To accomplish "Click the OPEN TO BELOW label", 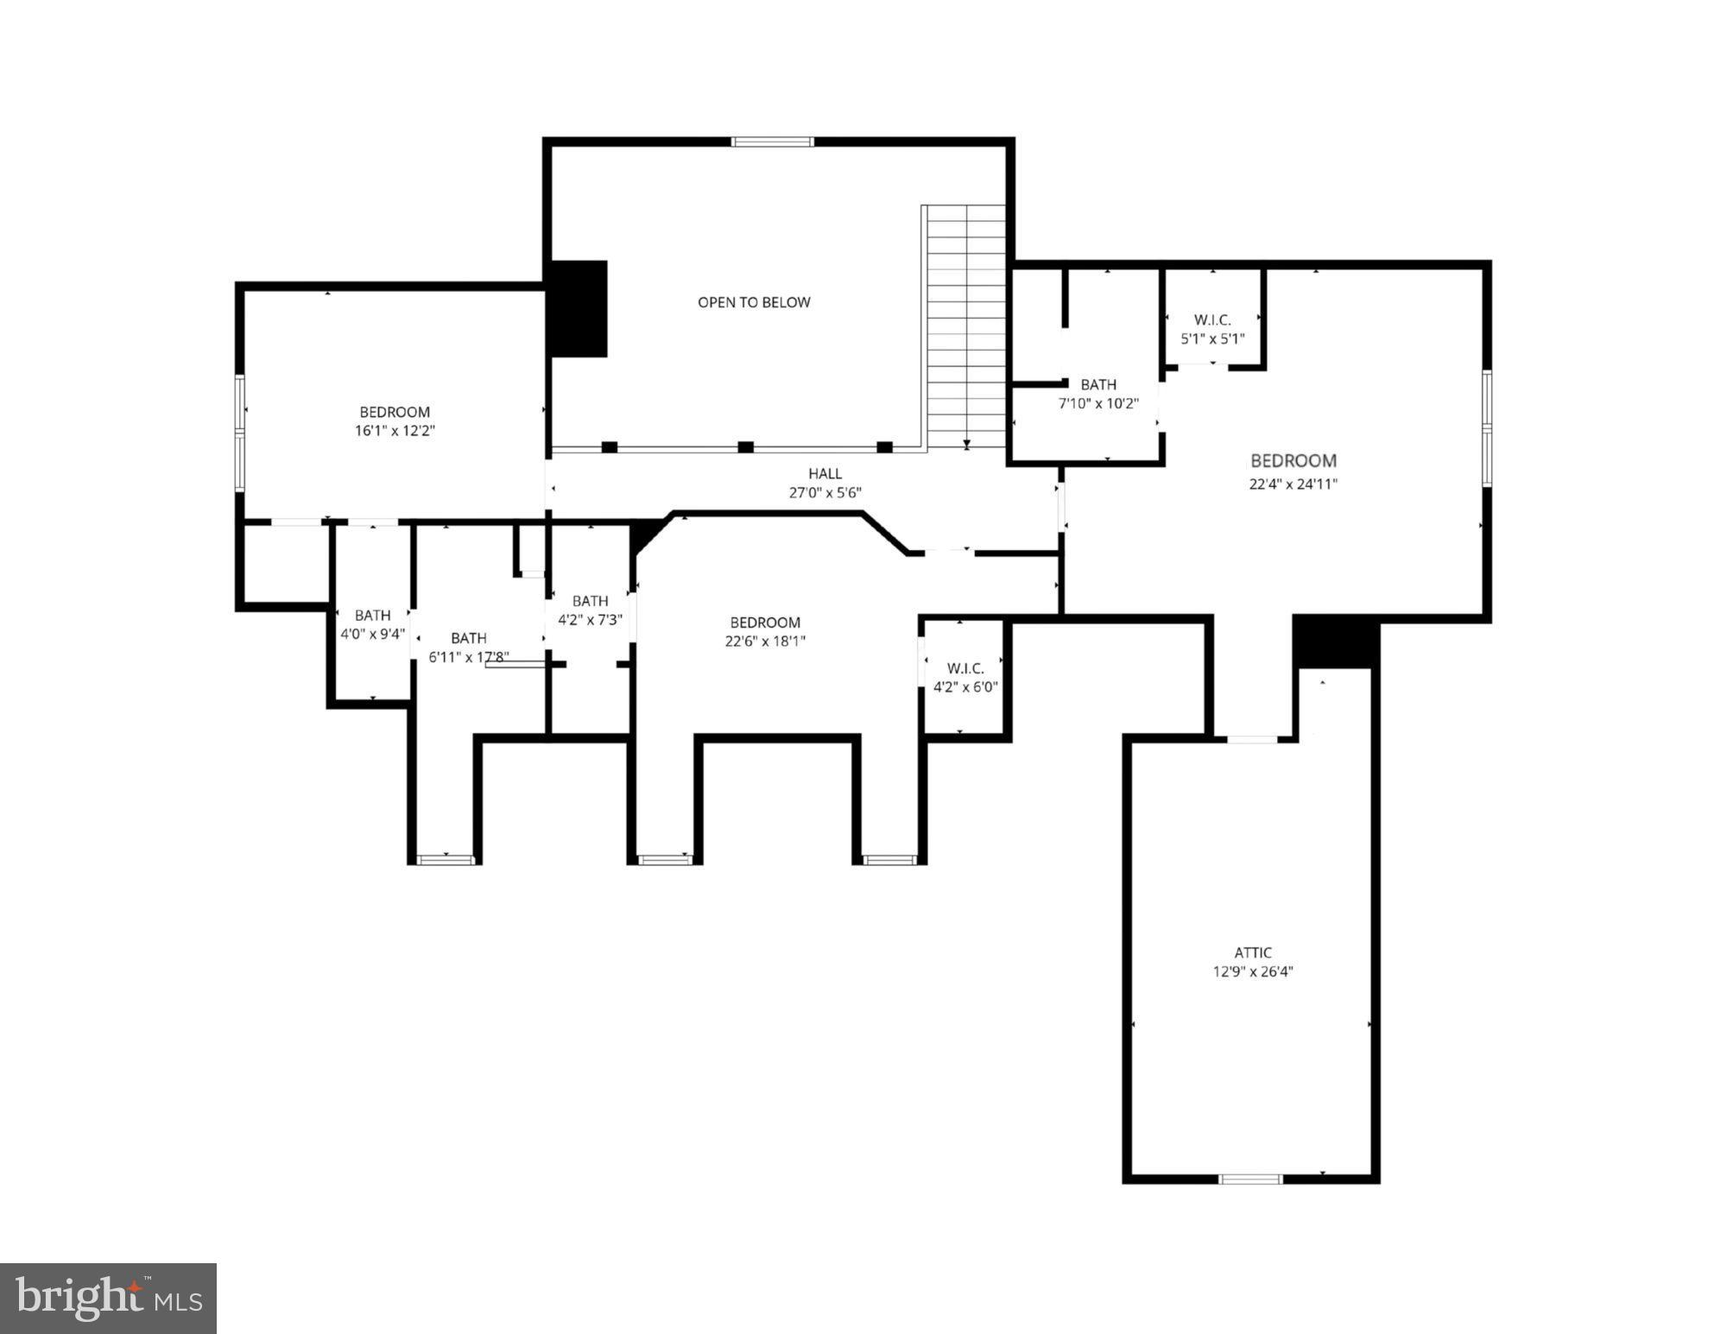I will click(754, 302).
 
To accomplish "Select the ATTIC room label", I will click(1252, 952).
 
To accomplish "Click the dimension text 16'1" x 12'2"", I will click(395, 430).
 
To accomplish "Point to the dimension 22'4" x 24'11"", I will click(1293, 484).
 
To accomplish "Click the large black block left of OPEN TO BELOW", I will click(579, 308).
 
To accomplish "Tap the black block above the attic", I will click(1335, 642).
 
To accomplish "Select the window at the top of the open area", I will click(772, 142).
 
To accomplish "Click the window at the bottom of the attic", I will click(1250, 1178).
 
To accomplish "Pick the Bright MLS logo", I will click(108, 1297).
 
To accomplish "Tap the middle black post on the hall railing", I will click(746, 446).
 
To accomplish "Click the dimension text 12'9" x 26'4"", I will click(1252, 971).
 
